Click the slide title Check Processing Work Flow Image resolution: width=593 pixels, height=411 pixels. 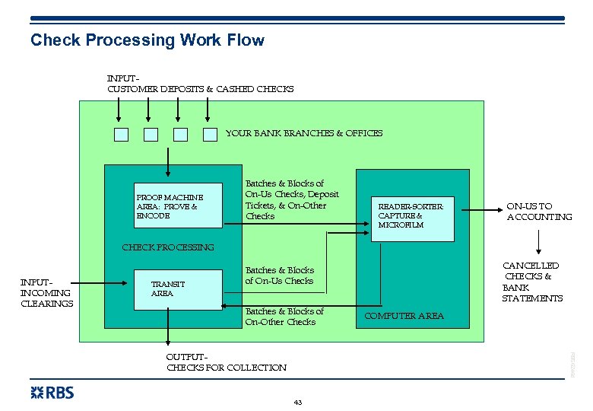click(x=147, y=40)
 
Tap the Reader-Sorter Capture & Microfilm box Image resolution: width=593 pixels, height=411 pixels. click(x=411, y=215)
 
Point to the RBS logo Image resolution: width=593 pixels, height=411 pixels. click(x=52, y=393)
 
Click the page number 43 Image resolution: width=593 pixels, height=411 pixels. click(x=297, y=402)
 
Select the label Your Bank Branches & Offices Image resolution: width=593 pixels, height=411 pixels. click(x=304, y=133)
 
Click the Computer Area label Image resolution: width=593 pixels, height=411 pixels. click(x=404, y=316)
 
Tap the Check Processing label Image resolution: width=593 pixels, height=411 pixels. click(x=168, y=247)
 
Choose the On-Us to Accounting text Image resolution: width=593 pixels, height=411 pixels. click(x=539, y=212)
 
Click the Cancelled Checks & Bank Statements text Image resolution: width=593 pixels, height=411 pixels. click(x=532, y=282)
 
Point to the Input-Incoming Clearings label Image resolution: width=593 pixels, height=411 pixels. click(x=46, y=293)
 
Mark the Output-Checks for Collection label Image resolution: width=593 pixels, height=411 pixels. click(x=227, y=362)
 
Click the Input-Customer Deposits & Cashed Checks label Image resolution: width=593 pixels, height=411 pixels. click(x=200, y=84)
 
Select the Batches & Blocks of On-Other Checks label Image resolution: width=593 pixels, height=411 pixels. click(x=284, y=317)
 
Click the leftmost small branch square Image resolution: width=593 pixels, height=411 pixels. click(x=121, y=135)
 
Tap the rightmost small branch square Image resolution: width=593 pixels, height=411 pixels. click(x=210, y=135)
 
